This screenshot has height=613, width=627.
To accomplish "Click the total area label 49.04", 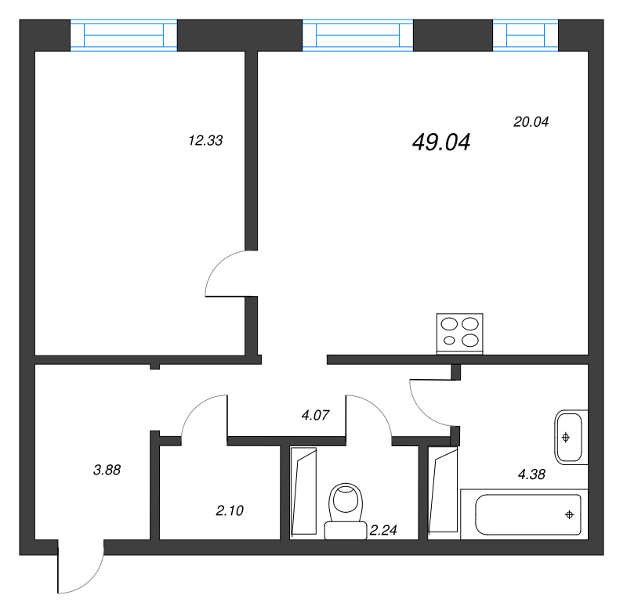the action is click(441, 142).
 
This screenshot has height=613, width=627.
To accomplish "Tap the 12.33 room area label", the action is click(205, 141).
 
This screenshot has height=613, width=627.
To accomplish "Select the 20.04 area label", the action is click(531, 121).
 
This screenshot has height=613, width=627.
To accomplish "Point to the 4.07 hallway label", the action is click(316, 416).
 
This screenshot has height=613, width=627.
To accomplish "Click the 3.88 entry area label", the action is click(107, 470).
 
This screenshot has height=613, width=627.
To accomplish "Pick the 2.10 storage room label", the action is click(230, 510).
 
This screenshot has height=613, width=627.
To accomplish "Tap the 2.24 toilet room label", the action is click(383, 530).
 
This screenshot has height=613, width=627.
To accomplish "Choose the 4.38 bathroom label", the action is click(531, 474).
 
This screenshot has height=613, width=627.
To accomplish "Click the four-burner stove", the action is click(460, 334).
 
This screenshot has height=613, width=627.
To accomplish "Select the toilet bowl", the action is click(346, 511).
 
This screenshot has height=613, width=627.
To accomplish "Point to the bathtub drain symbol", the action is click(570, 515).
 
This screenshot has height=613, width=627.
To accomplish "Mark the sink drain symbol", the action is click(566, 438).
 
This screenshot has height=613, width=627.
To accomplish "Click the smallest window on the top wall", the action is click(525, 35).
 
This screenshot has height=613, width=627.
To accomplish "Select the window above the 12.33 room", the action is click(124, 35).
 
